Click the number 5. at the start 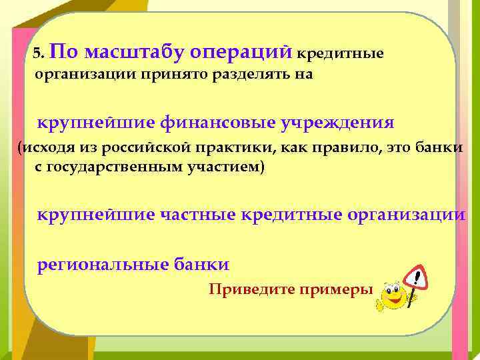pos(39,53)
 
